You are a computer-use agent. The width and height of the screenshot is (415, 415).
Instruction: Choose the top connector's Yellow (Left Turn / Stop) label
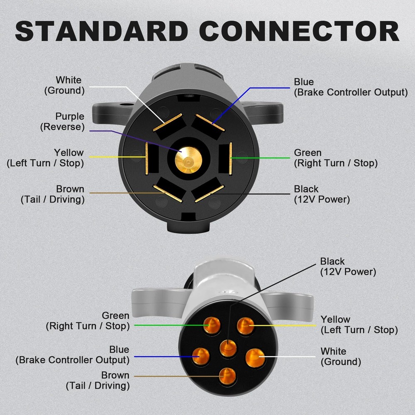(x=45, y=158)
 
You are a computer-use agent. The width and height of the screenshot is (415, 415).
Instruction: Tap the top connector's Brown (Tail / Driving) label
(x=53, y=194)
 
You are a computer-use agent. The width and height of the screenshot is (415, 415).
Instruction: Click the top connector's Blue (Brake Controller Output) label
(x=351, y=87)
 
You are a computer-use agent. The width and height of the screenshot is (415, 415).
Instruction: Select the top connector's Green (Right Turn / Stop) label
(x=335, y=158)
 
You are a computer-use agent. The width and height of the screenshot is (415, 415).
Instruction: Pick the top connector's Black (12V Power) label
(x=322, y=194)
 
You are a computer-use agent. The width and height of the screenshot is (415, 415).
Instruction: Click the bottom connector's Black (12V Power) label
(x=348, y=267)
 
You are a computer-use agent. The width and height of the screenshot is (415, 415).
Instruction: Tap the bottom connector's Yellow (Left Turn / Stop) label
(x=359, y=325)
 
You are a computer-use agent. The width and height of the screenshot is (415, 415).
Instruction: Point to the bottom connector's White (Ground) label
(x=340, y=356)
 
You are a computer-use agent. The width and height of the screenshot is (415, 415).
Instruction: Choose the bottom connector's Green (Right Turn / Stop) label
(x=88, y=321)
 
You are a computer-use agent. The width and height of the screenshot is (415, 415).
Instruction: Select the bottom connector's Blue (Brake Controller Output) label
(x=73, y=355)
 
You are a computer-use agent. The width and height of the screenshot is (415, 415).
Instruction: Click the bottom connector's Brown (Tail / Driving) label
(x=98, y=381)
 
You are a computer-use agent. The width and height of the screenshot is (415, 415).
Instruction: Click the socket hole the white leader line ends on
(x=255, y=357)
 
